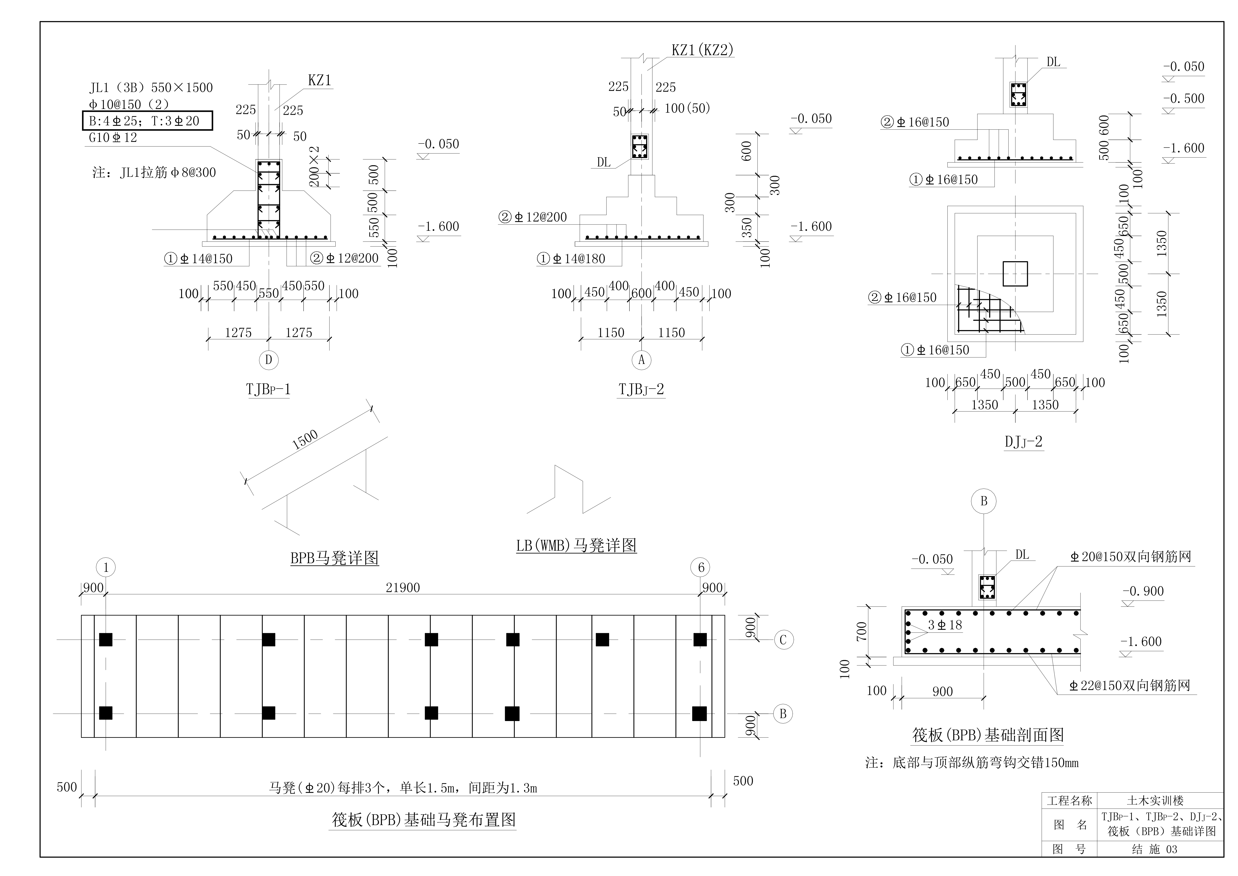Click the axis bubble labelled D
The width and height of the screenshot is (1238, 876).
[269, 360]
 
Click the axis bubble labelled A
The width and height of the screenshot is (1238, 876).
[641, 360]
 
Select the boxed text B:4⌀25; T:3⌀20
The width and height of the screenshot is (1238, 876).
[147, 121]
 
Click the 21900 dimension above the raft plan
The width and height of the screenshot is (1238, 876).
[402, 587]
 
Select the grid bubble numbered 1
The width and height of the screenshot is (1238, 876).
[106, 567]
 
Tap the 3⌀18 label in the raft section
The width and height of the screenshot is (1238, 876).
[945, 625]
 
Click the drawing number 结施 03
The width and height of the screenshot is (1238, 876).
[1154, 849]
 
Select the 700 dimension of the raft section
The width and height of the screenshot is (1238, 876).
[862, 631]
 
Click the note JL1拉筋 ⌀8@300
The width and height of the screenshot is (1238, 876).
[154, 173]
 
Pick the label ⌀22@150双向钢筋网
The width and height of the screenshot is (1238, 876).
[1130, 686]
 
